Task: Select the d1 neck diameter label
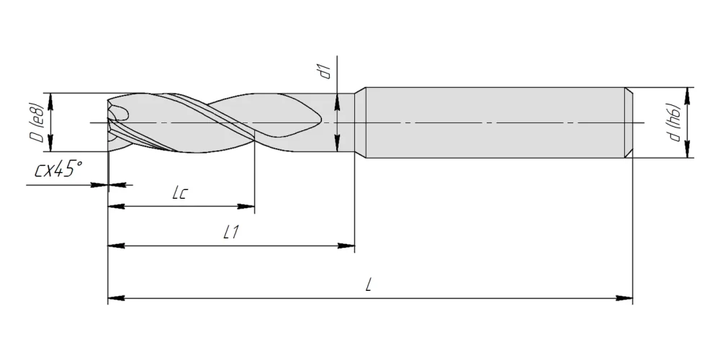coord(325,71)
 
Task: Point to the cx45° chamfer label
coord(58,169)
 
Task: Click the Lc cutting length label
coord(180,193)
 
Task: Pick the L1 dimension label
coord(231,233)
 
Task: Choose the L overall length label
coord(368,286)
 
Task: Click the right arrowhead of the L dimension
coord(624,299)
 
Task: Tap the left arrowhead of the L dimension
coord(116,299)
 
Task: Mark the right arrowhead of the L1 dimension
coord(346,246)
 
